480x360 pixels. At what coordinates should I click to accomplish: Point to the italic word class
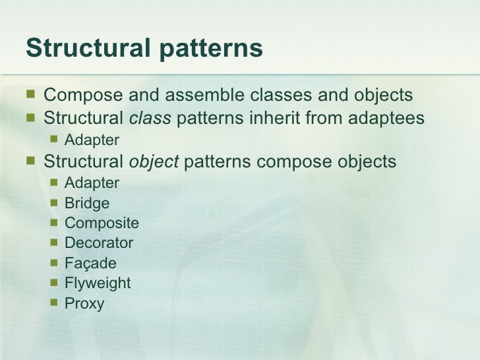tap(150, 119)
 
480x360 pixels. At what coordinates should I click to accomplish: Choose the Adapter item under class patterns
tap(92, 140)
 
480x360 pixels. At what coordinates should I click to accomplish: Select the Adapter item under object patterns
tap(92, 183)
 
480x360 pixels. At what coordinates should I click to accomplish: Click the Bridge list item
tap(87, 204)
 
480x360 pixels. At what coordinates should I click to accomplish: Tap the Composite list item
tap(102, 224)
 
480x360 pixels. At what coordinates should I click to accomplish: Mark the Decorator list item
tap(99, 243)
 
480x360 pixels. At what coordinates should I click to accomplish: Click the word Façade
tap(90, 264)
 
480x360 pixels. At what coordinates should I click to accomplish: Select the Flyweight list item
tap(98, 284)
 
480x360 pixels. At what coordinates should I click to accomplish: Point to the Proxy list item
tap(84, 304)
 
